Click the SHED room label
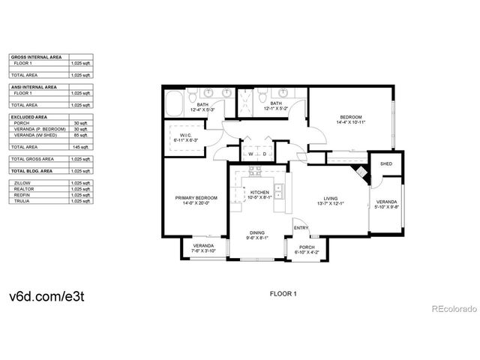(386, 163)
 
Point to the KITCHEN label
(259, 193)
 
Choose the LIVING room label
(331, 199)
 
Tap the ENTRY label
(301, 229)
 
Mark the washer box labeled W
(251, 154)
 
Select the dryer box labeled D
(264, 154)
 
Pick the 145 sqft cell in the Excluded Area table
(82, 147)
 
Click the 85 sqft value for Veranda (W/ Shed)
(82, 135)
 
